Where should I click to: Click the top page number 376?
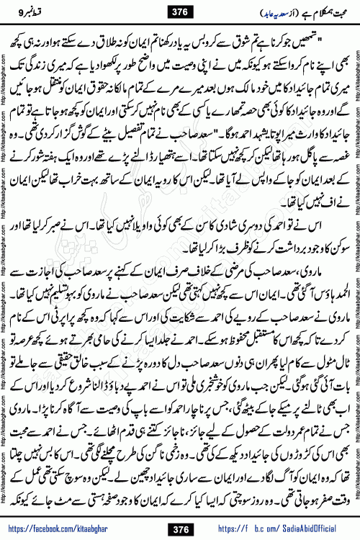tap(181, 11)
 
